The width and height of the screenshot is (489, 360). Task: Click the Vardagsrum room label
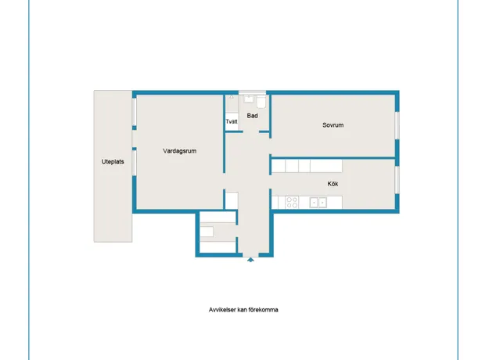click(180, 151)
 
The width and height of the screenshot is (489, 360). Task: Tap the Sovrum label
click(333, 125)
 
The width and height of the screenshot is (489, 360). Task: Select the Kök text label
click(333, 184)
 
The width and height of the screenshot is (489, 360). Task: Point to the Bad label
click(252, 116)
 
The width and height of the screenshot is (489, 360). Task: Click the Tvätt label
click(232, 121)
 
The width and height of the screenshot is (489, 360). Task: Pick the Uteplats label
click(113, 161)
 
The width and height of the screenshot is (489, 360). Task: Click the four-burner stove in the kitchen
click(292, 202)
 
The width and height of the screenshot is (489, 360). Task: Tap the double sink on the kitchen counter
click(318, 203)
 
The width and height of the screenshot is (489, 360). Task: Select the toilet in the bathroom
click(261, 102)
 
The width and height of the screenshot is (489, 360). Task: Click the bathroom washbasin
click(249, 99)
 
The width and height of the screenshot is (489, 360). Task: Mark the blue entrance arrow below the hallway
click(250, 260)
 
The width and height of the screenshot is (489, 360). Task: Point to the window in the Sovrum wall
click(397, 125)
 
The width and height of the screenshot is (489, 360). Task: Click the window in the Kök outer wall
click(397, 180)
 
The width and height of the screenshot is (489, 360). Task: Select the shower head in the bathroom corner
click(232, 97)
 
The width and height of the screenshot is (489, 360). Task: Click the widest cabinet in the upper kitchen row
click(326, 166)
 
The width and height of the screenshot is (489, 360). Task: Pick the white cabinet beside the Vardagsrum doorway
click(232, 200)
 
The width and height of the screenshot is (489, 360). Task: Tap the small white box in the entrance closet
click(207, 232)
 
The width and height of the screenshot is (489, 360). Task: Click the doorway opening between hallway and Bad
click(250, 132)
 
